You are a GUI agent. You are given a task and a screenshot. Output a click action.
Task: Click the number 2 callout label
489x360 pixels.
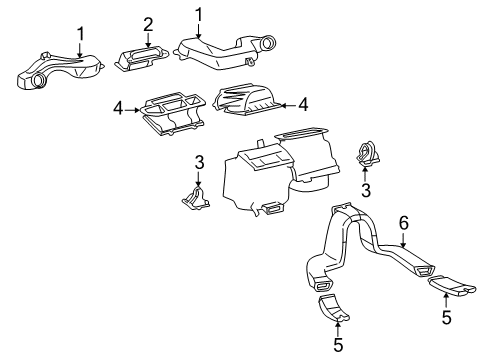148,24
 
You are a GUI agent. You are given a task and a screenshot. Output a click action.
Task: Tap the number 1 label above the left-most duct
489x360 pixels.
81,35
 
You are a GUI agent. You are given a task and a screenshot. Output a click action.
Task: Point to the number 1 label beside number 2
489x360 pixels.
198,15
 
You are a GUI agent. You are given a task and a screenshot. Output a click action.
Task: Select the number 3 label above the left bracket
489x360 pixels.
198,162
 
